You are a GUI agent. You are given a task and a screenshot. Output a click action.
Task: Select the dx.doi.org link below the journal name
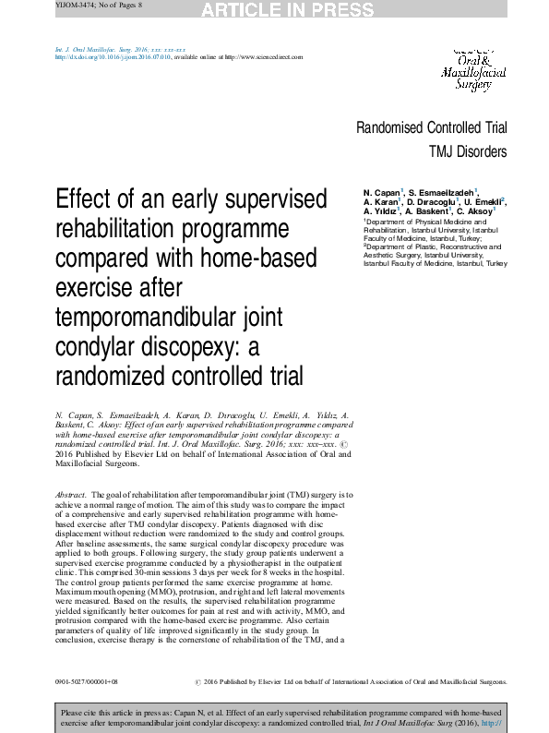pos(107,56)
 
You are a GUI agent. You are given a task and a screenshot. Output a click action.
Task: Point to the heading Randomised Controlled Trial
pos(431,128)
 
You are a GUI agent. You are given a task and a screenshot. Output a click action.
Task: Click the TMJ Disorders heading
pos(467,151)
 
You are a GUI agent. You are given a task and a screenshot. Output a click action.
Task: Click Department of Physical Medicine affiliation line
pos(425,222)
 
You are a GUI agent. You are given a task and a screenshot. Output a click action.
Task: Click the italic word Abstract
pos(71,496)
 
